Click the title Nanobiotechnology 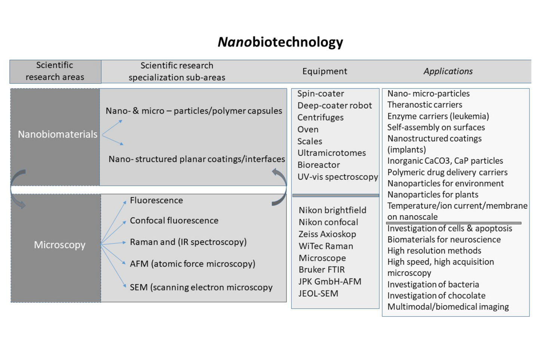(280, 42)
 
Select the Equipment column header (325, 71)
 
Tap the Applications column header (448, 71)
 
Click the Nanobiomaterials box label (58, 134)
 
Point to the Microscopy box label (60, 245)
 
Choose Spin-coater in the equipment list (320, 94)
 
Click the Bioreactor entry (319, 165)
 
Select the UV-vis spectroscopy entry (337, 177)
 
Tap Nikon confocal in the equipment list (328, 222)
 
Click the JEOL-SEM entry (318, 294)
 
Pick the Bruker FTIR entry (322, 270)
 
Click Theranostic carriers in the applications (424, 105)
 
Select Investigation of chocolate (436, 296)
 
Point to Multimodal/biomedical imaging (448, 307)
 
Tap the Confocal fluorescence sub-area (174, 221)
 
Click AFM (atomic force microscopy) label (192, 264)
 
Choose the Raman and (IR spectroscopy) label (188, 242)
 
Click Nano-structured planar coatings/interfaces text (197, 159)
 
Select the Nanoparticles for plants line (433, 195)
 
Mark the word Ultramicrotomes (332, 153)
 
